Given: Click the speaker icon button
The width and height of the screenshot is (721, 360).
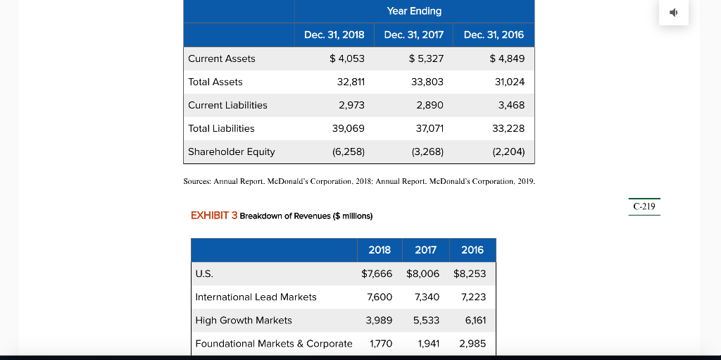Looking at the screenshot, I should click(673, 12).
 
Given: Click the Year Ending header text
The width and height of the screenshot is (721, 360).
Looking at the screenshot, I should click(414, 11).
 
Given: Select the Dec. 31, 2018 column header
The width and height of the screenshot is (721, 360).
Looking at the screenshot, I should click(334, 35).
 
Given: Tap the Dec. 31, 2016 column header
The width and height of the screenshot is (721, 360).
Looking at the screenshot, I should click(494, 35).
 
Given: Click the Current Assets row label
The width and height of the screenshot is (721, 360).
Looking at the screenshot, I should click(222, 58).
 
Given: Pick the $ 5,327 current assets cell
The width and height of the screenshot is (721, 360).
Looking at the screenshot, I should click(426, 58).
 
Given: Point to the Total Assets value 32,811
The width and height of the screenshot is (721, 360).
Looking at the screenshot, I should click(351, 82).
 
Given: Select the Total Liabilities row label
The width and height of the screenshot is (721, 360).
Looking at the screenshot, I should click(221, 128).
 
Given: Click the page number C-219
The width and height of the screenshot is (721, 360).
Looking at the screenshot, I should click(644, 206).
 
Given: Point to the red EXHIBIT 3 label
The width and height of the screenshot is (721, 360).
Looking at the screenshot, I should click(214, 215).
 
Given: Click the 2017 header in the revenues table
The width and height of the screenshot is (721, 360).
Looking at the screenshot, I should click(425, 250).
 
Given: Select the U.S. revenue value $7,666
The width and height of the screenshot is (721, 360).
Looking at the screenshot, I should click(377, 273).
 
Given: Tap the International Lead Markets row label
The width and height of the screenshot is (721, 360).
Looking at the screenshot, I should click(256, 297).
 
